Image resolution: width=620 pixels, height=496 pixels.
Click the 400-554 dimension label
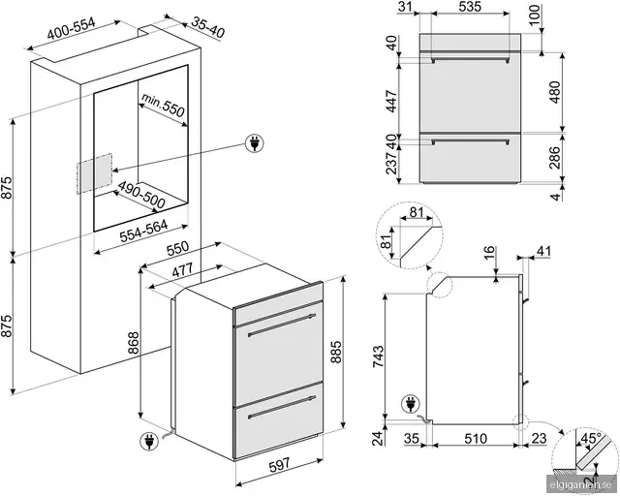tap(72, 28)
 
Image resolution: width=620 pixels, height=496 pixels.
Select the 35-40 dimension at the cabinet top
tap(208, 27)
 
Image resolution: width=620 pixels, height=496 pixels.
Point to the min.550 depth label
tap(163, 105)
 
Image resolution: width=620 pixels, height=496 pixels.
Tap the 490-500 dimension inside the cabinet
tap(141, 195)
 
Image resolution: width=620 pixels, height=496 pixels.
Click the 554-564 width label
tap(144, 231)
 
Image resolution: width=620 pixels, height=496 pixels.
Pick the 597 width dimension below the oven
tap(280, 464)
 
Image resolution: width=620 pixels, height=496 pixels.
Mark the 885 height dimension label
tap(335, 352)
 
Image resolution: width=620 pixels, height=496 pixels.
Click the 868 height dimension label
tap(134, 343)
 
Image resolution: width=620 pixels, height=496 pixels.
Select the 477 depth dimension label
tap(183, 270)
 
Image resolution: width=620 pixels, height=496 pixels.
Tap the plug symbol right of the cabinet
tap(254, 143)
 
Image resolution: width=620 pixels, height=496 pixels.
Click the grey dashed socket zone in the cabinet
tap(95, 173)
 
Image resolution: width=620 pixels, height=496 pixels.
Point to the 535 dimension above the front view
tap(470, 6)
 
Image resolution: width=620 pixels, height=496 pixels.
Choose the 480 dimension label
tap(554, 92)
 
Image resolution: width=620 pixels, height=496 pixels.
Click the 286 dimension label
tap(554, 158)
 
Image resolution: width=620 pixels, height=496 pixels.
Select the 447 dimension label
tap(391, 102)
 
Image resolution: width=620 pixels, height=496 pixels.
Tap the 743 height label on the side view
tap(378, 356)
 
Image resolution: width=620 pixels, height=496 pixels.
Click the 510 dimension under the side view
tap(476, 438)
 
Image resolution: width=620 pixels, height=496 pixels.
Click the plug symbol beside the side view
tap(410, 405)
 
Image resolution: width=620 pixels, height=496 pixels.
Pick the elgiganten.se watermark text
tap(581, 484)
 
